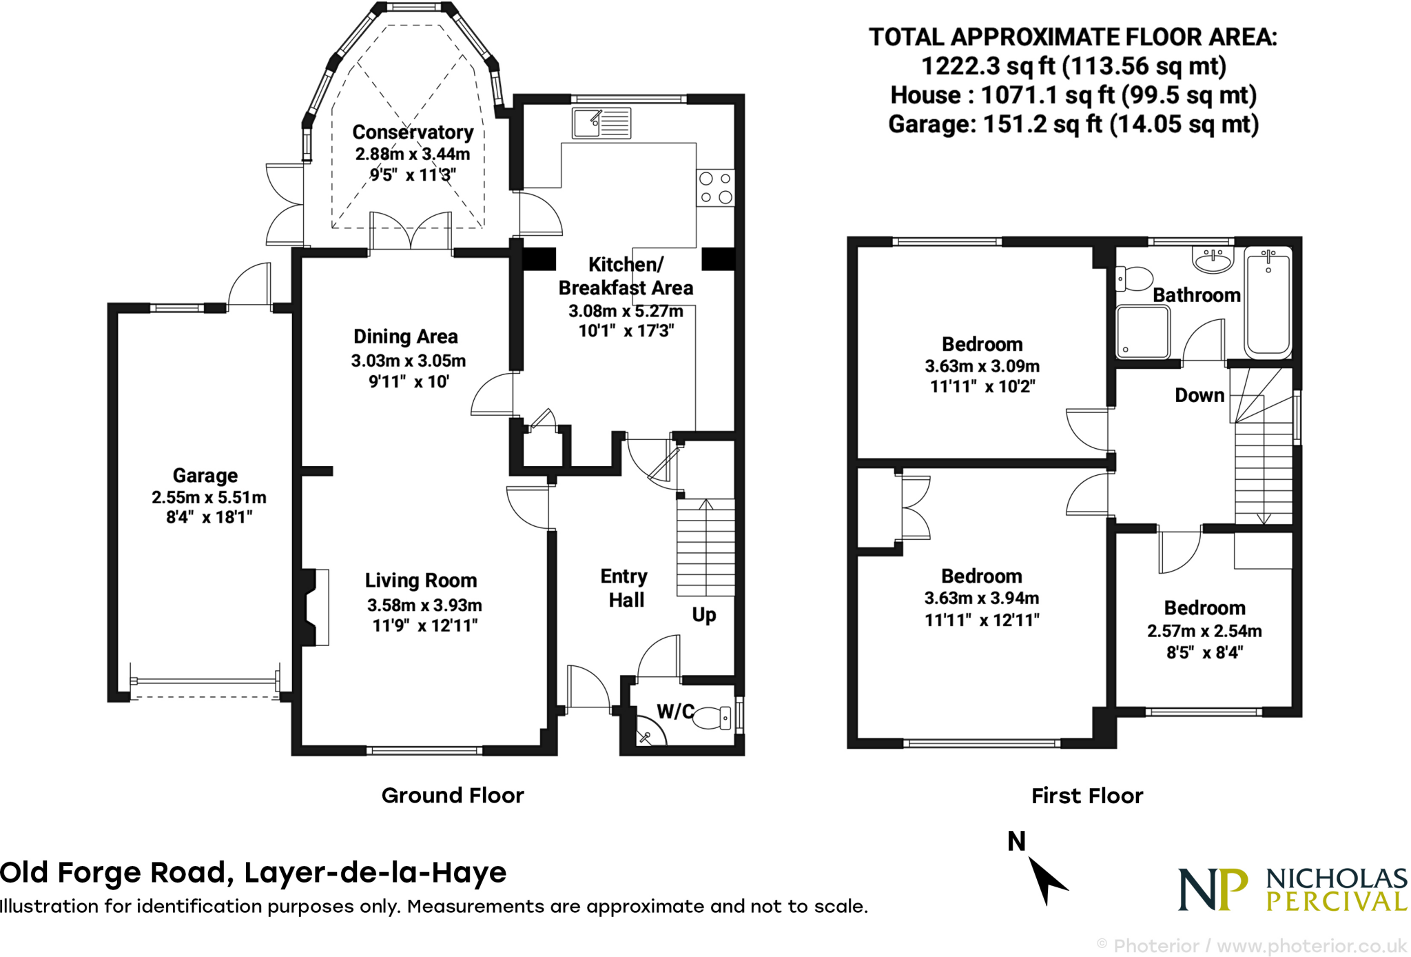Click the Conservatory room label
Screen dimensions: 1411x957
pyautogui.click(x=413, y=132)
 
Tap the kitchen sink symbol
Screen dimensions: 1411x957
pyautogui.click(x=601, y=123)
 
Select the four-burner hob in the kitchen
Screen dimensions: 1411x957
pyautogui.click(x=715, y=188)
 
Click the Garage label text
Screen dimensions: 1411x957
pyautogui.click(x=205, y=475)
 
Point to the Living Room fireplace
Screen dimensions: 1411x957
pyautogui.click(x=314, y=607)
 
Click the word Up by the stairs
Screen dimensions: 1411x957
pyautogui.click(x=703, y=614)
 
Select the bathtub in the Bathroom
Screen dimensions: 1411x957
pyautogui.click(x=1268, y=301)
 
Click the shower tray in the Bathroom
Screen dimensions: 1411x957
pyautogui.click(x=1142, y=332)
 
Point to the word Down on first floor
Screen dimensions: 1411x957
pyautogui.click(x=1199, y=395)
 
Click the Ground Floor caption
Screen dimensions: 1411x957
pyautogui.click(x=453, y=795)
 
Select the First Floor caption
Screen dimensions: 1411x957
pyautogui.click(x=1087, y=796)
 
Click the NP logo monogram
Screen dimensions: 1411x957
pyautogui.click(x=1213, y=889)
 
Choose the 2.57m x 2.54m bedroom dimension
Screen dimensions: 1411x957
pyautogui.click(x=1204, y=631)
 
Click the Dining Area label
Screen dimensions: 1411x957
pyautogui.click(x=406, y=336)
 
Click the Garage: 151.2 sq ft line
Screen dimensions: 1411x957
pyautogui.click(x=1073, y=124)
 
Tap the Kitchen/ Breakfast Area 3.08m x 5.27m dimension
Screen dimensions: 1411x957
pyautogui.click(x=626, y=311)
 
